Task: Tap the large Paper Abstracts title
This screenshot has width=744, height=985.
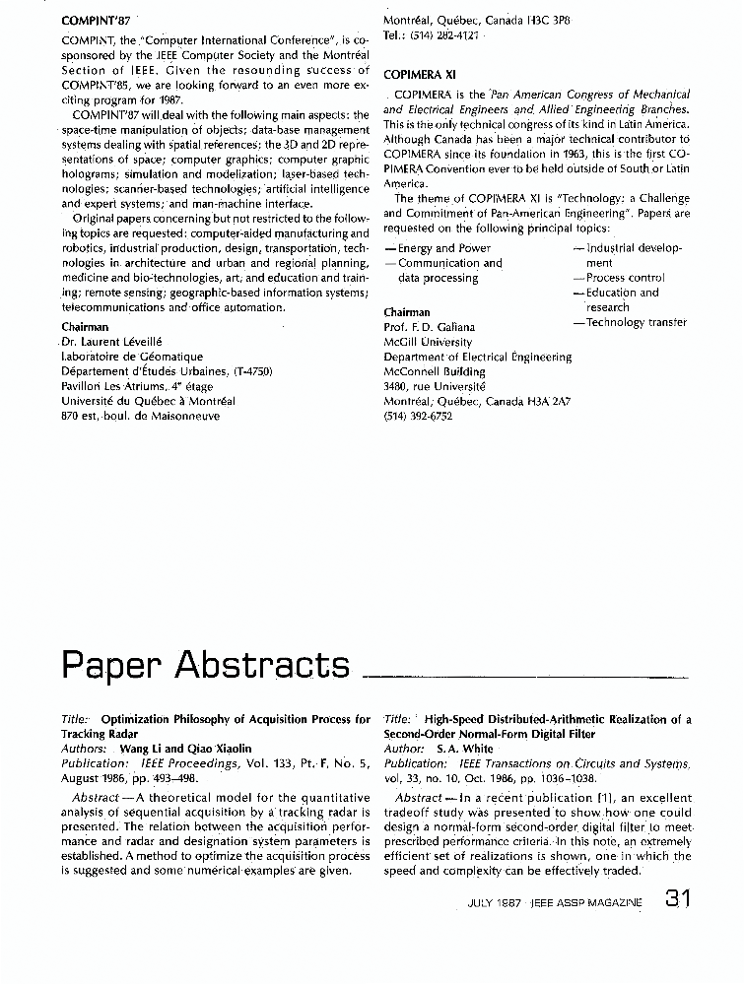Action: tap(205, 666)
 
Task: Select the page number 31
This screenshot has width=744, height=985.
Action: tap(684, 898)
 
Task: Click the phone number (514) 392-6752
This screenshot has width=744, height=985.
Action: tap(418, 417)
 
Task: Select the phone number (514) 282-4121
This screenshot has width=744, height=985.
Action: tap(431, 34)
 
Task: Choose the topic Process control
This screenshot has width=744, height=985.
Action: tap(624, 278)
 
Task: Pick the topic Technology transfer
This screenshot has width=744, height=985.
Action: tap(630, 322)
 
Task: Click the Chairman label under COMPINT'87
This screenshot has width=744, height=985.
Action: tap(85, 326)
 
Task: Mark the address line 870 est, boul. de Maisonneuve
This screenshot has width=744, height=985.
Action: tap(140, 416)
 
